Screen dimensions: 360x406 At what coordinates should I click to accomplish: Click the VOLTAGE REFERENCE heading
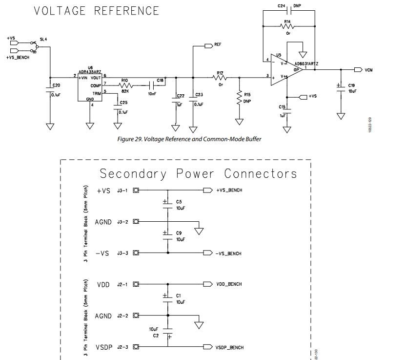tap(96, 11)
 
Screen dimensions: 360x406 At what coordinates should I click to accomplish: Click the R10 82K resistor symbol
tap(125, 85)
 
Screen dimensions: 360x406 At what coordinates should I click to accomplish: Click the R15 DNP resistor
tap(239, 98)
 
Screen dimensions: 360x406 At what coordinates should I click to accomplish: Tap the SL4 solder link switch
tap(35, 46)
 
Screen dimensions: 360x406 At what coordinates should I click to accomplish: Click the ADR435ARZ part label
tap(90, 71)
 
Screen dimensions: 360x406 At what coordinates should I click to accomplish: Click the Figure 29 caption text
tap(189, 139)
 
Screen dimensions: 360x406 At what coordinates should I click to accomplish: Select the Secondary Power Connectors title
tap(198, 173)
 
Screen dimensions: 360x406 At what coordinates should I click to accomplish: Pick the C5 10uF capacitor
tap(167, 204)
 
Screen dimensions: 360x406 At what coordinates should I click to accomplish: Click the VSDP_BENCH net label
tap(229, 347)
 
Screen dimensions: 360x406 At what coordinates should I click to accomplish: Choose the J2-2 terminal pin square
tap(136, 316)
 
